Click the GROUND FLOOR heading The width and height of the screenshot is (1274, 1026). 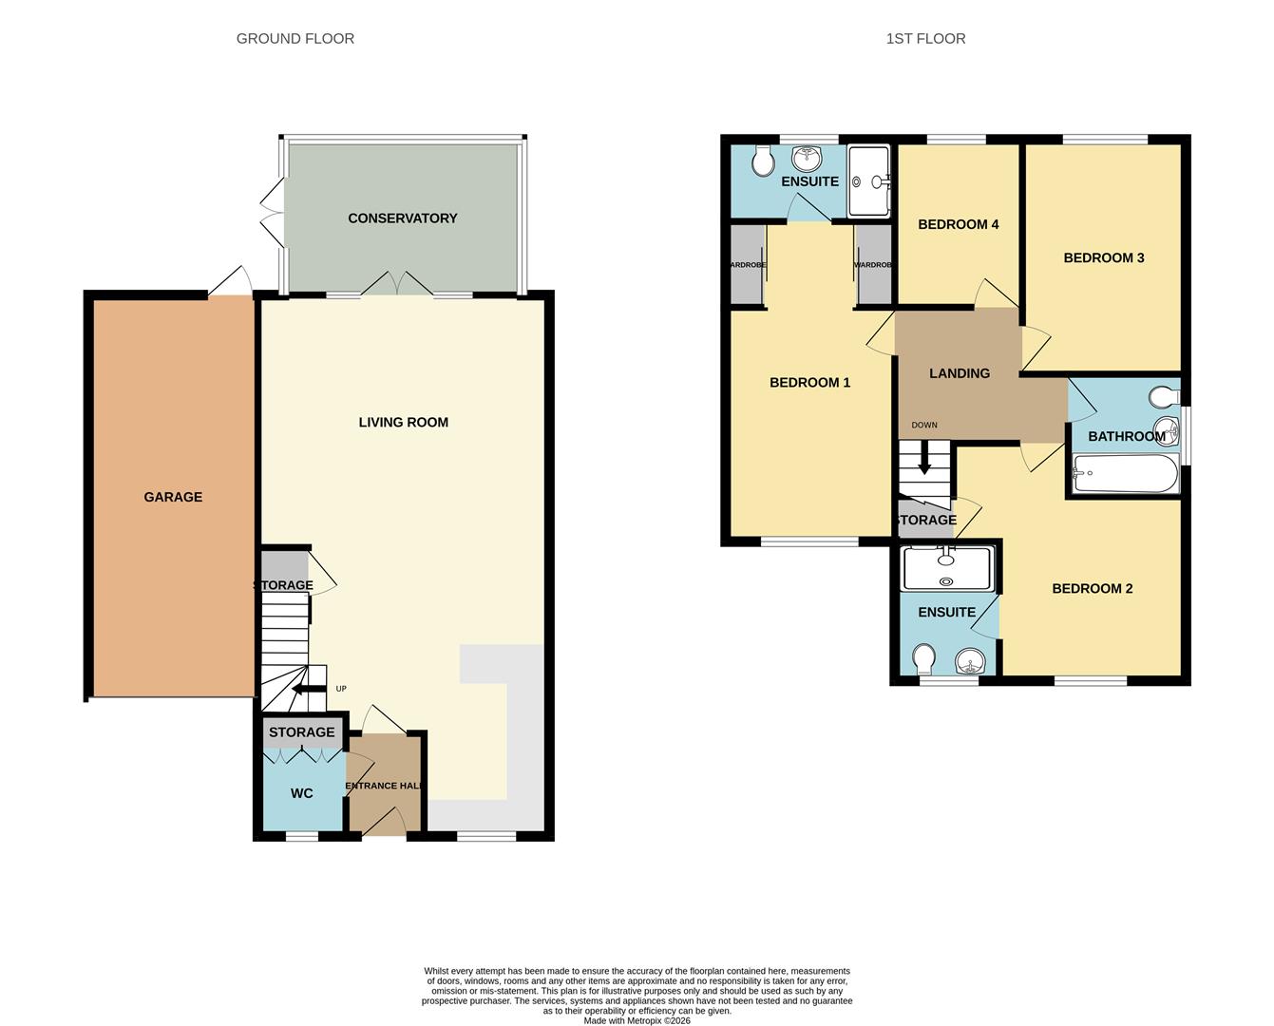[x=295, y=39]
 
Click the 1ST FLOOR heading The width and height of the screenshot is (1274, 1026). [x=925, y=39]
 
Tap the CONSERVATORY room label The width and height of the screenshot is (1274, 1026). [x=402, y=218]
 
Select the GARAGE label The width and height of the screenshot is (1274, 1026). [x=173, y=497]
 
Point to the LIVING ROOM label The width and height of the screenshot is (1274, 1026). [x=403, y=422]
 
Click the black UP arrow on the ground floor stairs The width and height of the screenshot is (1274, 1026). [x=307, y=690]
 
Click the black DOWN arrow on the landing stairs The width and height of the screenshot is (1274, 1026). [x=924, y=464]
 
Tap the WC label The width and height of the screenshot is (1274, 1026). [x=301, y=793]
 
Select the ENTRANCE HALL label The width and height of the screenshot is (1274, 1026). [x=384, y=786]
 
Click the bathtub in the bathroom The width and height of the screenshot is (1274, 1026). [x=1125, y=473]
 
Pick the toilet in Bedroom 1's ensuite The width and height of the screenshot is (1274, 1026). [x=762, y=162]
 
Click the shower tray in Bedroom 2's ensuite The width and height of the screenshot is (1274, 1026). [x=946, y=568]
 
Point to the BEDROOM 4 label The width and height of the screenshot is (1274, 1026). [x=958, y=224]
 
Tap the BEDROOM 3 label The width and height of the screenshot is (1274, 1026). [x=1103, y=257]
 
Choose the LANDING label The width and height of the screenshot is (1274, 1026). [x=959, y=373]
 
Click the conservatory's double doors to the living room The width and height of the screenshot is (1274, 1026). [x=399, y=284]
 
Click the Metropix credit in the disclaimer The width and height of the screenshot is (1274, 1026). [x=637, y=1020]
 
